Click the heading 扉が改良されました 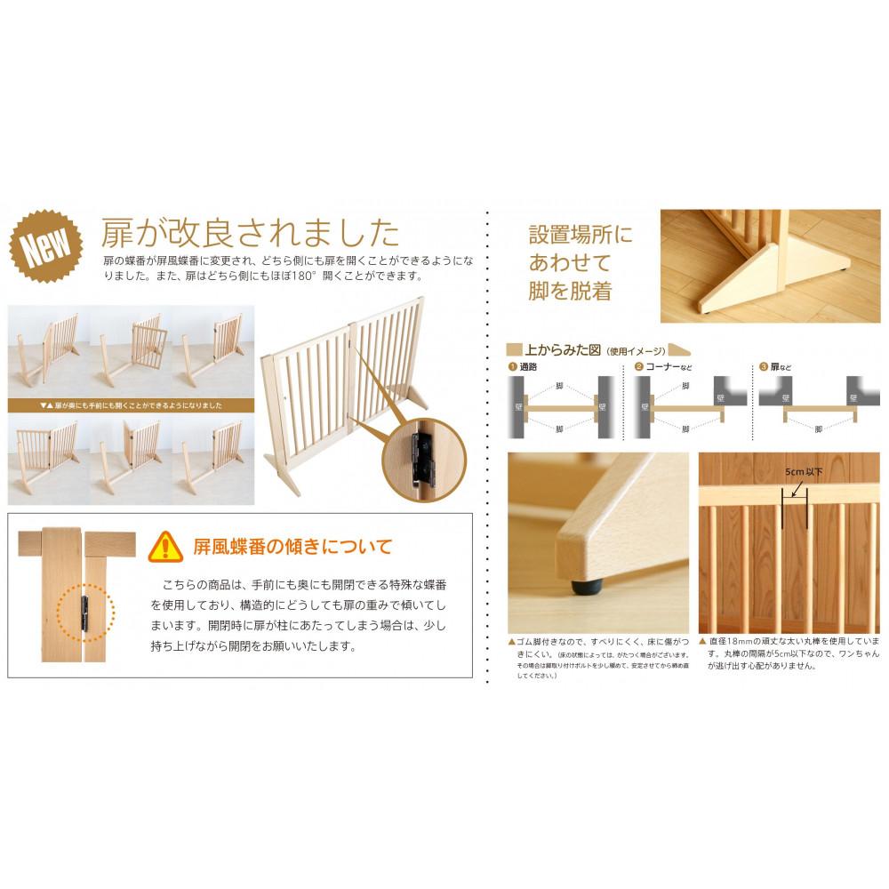(250, 232)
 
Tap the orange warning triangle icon (165, 546)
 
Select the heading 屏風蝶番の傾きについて (292, 546)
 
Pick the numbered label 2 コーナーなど (661, 366)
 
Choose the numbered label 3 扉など (778, 366)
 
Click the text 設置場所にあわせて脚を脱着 (582, 262)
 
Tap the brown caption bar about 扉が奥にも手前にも (131, 404)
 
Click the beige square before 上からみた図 (514, 349)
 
